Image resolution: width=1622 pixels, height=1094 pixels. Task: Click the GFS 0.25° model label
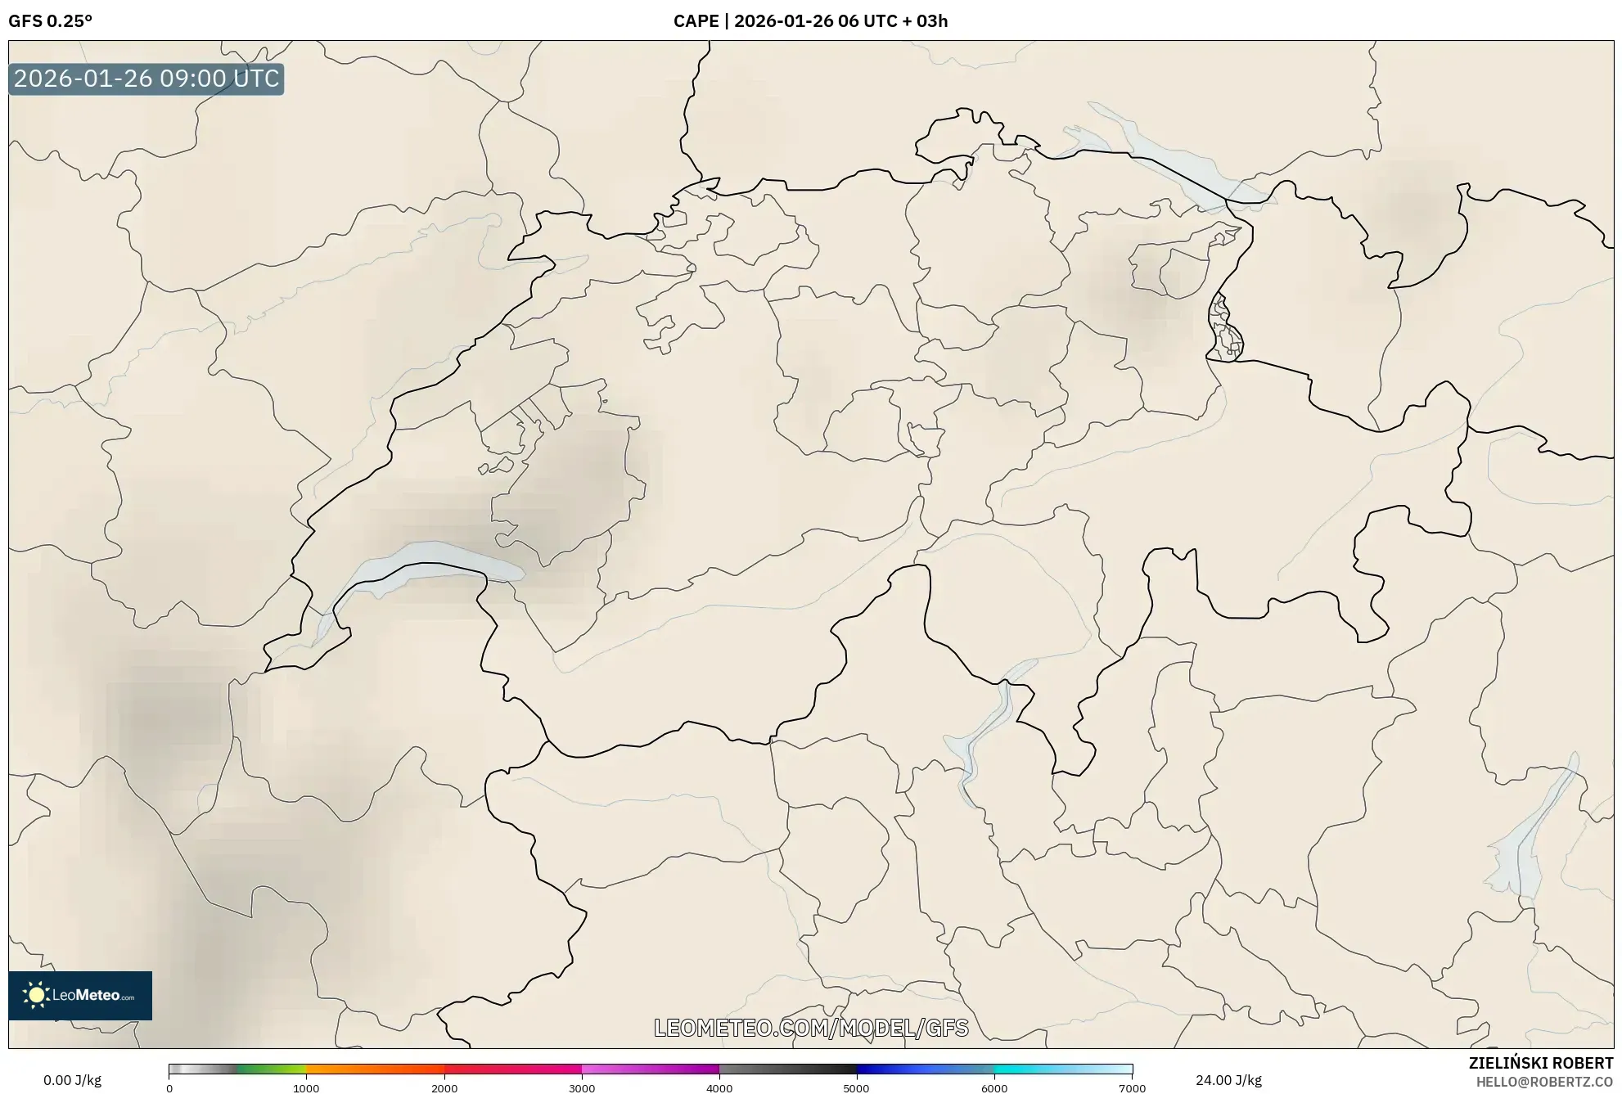50,21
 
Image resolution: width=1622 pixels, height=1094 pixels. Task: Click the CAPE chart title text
810,21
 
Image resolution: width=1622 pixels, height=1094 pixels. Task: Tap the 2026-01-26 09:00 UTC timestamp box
146,79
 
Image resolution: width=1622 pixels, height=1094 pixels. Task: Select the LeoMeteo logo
80,995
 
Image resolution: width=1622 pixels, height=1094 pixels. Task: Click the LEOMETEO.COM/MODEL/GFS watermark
811,1028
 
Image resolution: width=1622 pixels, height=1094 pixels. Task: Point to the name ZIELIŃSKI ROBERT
1541,1063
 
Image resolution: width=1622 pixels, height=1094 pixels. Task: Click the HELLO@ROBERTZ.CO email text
1544,1082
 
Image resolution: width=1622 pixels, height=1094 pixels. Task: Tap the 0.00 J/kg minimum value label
72,1080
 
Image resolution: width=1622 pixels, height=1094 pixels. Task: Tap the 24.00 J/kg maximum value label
1228,1080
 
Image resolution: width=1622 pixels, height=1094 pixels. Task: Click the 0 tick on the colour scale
169,1088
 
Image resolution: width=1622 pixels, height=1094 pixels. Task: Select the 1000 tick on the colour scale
306,1088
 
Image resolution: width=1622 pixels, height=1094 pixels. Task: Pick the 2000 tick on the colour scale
444,1088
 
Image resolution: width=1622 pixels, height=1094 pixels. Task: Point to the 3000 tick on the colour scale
582,1088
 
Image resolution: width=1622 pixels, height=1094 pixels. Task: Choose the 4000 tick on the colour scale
719,1088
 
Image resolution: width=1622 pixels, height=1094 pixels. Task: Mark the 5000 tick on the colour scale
856,1088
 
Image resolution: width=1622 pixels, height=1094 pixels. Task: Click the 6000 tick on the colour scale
994,1088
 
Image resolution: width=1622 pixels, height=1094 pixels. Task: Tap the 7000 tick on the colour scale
1132,1088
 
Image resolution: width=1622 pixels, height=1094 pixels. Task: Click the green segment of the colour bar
270,1069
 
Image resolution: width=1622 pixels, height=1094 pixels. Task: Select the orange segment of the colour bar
360,1069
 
